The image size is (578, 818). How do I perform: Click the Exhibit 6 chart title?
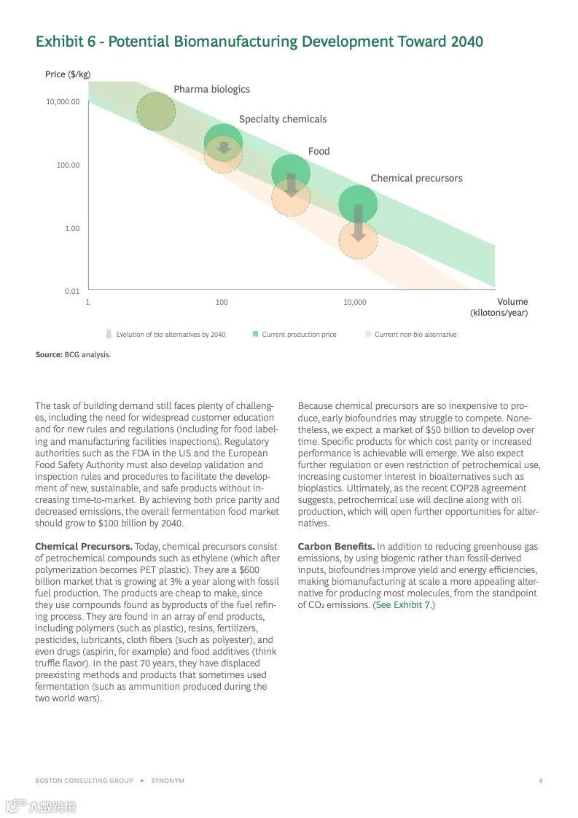click(x=259, y=42)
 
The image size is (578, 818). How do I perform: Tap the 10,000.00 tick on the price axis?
click(x=63, y=101)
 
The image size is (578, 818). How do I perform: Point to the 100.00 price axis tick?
click(x=68, y=165)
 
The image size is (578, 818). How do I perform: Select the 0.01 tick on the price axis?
click(x=71, y=291)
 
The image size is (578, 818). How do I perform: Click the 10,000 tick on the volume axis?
click(x=355, y=302)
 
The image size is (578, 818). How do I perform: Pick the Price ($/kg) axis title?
click(x=68, y=74)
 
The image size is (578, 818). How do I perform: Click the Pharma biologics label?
click(x=211, y=89)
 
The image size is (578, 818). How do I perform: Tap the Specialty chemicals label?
click(x=283, y=119)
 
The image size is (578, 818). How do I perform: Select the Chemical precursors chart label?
click(x=416, y=178)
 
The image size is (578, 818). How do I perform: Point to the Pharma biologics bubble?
click(x=156, y=112)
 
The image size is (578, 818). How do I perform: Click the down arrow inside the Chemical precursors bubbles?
click(x=358, y=223)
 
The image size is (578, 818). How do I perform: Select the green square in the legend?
click(x=256, y=334)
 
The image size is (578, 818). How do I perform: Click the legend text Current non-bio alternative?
click(x=415, y=335)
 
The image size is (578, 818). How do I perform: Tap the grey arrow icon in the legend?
click(x=109, y=334)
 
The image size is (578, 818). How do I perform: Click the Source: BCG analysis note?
click(x=73, y=355)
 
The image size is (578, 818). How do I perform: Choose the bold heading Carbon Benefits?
click(x=336, y=546)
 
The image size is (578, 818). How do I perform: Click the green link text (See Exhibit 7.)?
click(x=404, y=604)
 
